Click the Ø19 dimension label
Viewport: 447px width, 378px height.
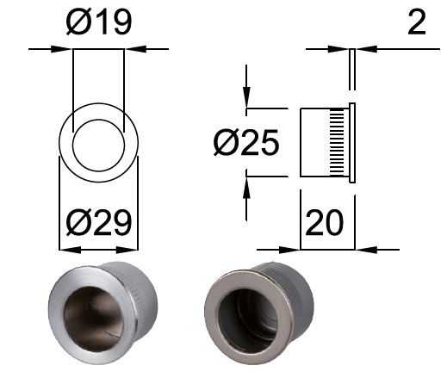[99, 22]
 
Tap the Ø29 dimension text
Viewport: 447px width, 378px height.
[99, 222]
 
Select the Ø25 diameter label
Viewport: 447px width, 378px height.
[246, 142]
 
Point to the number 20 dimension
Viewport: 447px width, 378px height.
[324, 222]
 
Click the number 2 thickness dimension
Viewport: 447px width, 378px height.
[416, 22]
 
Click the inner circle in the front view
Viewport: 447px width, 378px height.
[98, 120]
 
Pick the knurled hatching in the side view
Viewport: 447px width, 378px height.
[337, 143]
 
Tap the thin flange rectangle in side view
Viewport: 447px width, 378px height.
[352, 143]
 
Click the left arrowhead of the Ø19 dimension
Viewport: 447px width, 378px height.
[62, 49]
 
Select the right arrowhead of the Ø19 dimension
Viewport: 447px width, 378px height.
[135, 49]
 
